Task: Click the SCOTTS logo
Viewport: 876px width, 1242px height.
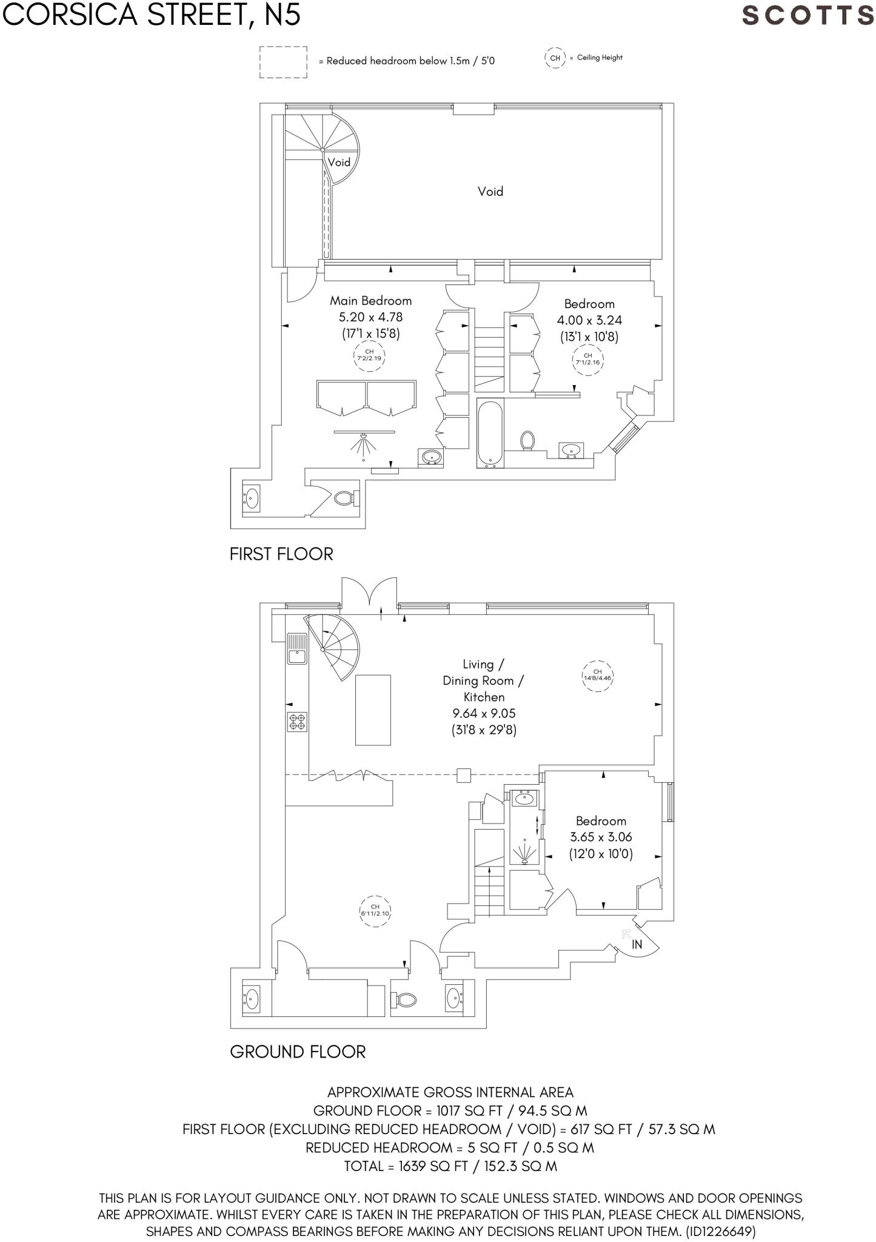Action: [x=807, y=16]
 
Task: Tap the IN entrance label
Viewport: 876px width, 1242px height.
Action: [x=637, y=944]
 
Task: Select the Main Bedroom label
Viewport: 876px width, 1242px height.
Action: [x=370, y=301]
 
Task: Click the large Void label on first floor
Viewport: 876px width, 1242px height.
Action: [x=490, y=192]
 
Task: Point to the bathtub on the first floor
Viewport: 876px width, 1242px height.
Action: [x=490, y=433]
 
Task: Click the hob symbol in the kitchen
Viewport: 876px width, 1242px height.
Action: [x=298, y=722]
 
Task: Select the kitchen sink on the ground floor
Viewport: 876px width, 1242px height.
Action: [x=297, y=648]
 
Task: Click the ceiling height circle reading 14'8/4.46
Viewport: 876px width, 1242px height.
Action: [x=597, y=676]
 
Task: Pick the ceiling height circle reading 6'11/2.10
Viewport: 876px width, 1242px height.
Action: [x=375, y=911]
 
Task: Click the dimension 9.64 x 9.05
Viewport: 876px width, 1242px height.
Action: [x=483, y=714]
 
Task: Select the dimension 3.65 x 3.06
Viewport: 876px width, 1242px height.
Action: [x=601, y=838]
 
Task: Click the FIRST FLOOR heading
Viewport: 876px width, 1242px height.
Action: [x=281, y=554]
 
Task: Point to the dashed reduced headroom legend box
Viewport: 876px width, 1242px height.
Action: [x=283, y=62]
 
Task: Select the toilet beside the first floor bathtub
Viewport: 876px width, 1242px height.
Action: [x=527, y=441]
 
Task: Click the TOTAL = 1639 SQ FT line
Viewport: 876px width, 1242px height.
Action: [x=450, y=1166]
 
